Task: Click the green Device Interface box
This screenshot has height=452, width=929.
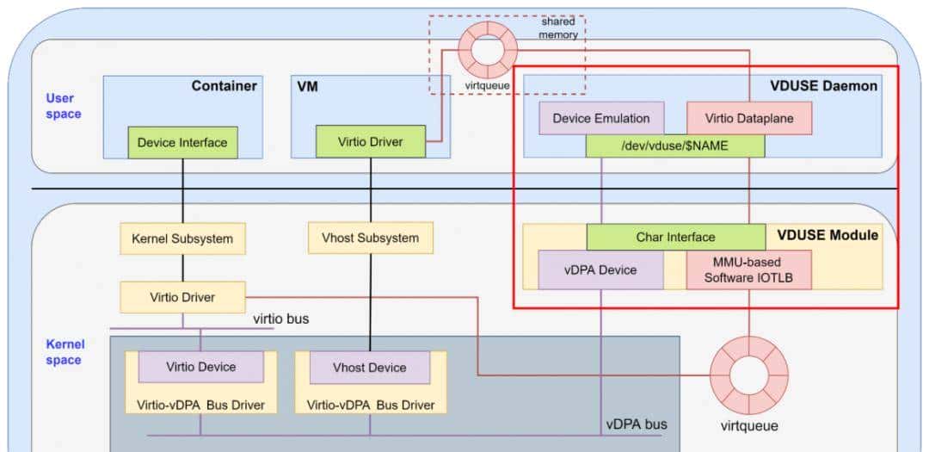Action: click(182, 142)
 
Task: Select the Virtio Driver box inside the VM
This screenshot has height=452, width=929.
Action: click(371, 142)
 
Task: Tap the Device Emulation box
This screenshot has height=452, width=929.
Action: click(601, 119)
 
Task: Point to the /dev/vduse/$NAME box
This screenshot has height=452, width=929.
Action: click(675, 146)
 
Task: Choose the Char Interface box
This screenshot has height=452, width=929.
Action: click(675, 237)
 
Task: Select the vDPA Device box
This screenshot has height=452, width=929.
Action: click(600, 269)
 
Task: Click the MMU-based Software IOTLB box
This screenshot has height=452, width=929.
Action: click(748, 269)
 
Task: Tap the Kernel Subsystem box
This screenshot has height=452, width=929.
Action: click(182, 238)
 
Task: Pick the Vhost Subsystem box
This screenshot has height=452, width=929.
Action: click(371, 238)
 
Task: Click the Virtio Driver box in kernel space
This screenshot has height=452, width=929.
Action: click(182, 297)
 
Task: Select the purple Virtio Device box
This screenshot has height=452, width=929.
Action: click(200, 367)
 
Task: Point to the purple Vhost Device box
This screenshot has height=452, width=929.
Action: click(369, 368)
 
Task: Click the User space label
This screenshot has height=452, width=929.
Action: click(64, 106)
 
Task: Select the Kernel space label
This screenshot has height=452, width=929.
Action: click(64, 352)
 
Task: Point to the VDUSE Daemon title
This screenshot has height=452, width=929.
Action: click(824, 85)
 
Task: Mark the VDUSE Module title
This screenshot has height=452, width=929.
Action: click(827, 234)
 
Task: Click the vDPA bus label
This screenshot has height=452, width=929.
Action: click(637, 424)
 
